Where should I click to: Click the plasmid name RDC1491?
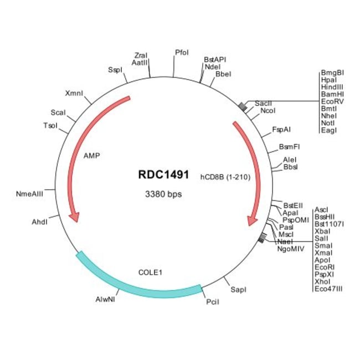(x=163, y=174)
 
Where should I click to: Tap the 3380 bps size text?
(x=163, y=194)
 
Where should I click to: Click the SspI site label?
(x=115, y=70)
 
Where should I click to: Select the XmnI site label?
(x=74, y=92)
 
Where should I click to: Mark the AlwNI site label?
(x=105, y=300)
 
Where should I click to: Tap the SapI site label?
(x=238, y=290)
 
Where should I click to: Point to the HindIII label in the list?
(x=332, y=87)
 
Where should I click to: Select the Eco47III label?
(x=328, y=288)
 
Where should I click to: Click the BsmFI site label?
(x=289, y=147)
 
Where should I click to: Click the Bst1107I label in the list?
(x=329, y=224)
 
